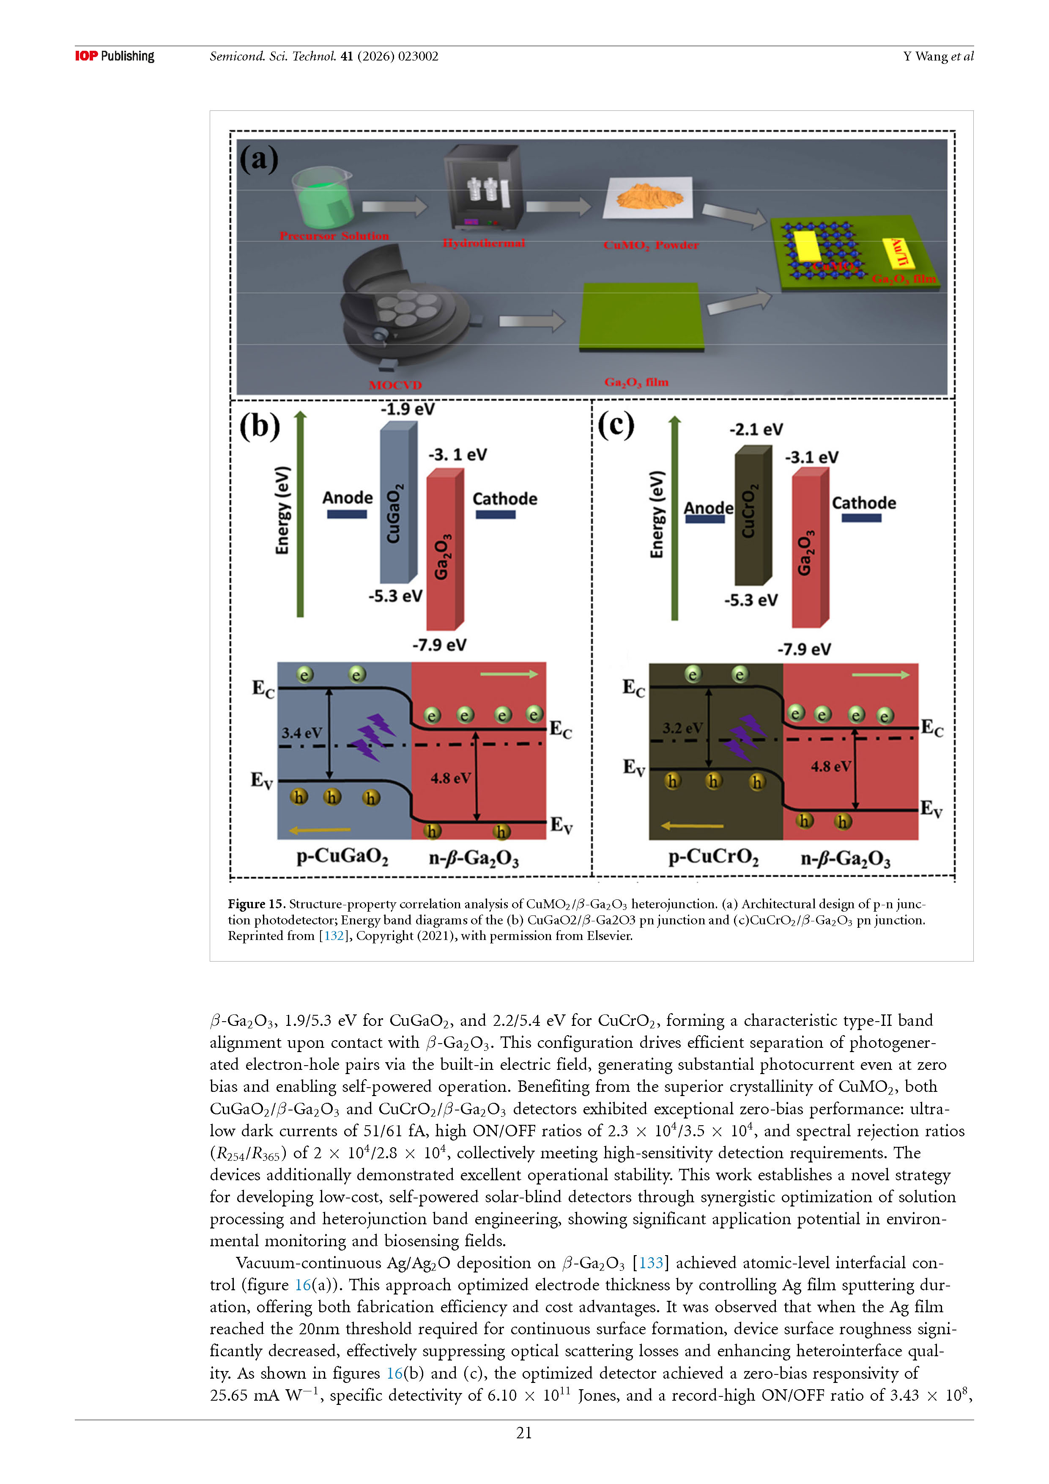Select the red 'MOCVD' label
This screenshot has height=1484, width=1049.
coord(395,385)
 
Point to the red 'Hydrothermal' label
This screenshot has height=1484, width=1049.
coord(483,243)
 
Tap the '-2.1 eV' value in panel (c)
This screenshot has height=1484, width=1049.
coord(756,430)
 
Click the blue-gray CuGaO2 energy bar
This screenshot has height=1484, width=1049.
coord(396,504)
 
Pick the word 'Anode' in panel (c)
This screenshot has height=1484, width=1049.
coord(708,508)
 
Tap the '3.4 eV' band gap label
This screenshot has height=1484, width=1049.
coord(301,733)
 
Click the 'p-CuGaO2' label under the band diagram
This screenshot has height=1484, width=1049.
coord(342,857)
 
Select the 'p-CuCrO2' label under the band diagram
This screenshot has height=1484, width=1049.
coord(713,857)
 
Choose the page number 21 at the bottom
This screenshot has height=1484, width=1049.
coord(524,1433)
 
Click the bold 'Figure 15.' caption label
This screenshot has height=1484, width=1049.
coord(256,904)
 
